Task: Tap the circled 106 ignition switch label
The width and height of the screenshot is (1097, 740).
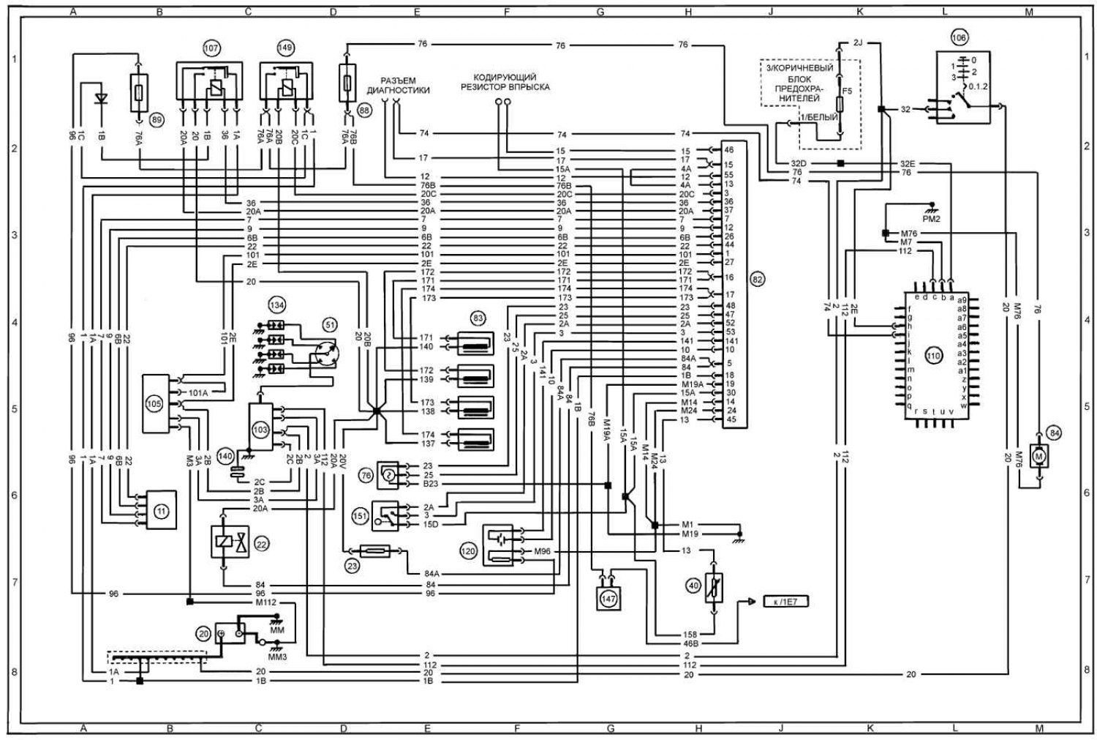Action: [x=959, y=38]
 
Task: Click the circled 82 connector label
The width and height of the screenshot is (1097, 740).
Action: [x=757, y=279]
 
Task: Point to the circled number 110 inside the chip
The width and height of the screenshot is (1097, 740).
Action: [x=932, y=356]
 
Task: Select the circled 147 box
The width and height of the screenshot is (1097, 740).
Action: [x=608, y=597]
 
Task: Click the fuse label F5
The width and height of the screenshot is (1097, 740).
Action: [x=847, y=91]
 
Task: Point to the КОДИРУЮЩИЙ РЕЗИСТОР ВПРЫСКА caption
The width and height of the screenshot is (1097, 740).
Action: [x=505, y=81]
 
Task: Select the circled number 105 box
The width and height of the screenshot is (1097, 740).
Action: [x=154, y=403]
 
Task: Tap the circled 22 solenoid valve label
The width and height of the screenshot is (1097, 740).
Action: [x=261, y=543]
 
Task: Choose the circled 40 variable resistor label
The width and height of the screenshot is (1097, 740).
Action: [x=693, y=585]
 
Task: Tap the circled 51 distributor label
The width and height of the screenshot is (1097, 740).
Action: [x=330, y=324]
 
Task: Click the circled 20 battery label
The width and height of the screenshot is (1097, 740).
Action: [x=203, y=633]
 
